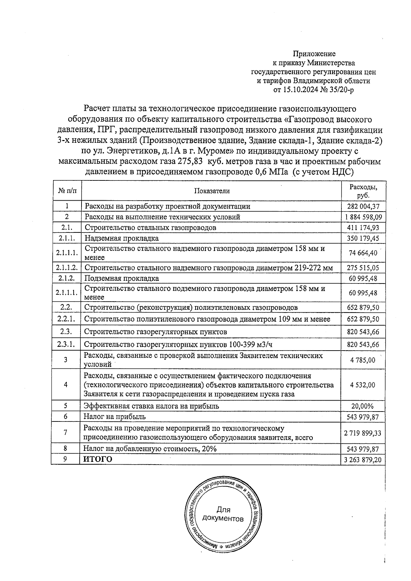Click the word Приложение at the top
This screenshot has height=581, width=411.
pyautogui.click(x=314, y=54)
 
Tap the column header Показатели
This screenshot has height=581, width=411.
pyautogui.click(x=212, y=191)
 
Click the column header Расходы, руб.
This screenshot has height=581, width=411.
pyautogui.click(x=363, y=191)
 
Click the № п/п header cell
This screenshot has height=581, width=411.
pyautogui.click(x=67, y=191)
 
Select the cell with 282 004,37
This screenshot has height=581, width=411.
pyautogui.click(x=363, y=206)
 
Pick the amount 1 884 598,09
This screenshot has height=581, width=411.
pyautogui.click(x=363, y=217)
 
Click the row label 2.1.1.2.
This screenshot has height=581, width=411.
pyautogui.click(x=67, y=267)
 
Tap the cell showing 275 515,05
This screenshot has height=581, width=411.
pyautogui.click(x=363, y=268)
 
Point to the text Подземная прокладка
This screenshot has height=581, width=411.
pyautogui.click(x=122, y=278)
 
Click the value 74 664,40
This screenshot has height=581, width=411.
pyautogui.click(x=363, y=253)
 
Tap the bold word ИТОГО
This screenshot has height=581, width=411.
pyautogui.click(x=98, y=459)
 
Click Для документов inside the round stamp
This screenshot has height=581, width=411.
pyautogui.click(x=223, y=514)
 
